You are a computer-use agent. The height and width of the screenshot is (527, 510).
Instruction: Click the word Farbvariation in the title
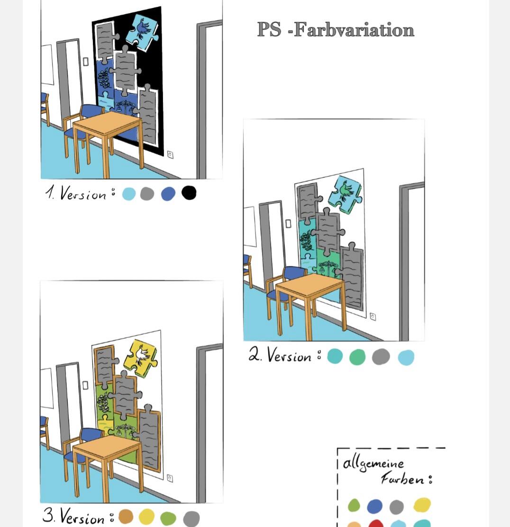tap(354, 29)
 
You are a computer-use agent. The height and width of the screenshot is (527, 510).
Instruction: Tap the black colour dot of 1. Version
tap(189, 193)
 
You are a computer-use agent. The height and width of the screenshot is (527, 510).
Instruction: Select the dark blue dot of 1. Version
tap(168, 194)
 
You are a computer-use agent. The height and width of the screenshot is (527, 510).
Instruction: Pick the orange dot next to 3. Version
tap(126, 516)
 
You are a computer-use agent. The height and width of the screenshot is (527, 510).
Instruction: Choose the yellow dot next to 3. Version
tap(146, 516)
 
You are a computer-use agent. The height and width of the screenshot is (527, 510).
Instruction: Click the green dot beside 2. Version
tap(357, 356)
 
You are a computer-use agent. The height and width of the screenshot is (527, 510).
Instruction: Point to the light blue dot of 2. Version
tap(406, 357)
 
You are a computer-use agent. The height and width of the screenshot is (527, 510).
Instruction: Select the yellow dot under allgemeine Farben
tap(422, 505)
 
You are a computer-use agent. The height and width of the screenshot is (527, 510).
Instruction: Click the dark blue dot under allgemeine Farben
tap(375, 506)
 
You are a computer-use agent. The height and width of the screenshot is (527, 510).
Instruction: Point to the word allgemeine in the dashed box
tap(373, 464)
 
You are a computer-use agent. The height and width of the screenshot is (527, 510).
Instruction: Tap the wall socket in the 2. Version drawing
tap(373, 317)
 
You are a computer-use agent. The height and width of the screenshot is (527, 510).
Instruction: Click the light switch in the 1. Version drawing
tap(86, 62)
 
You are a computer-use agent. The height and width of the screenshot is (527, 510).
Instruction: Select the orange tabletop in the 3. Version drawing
tap(107, 445)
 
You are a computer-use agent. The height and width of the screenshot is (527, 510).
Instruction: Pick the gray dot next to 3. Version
tap(191, 518)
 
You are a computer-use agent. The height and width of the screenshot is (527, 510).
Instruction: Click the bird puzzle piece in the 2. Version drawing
tap(345, 194)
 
